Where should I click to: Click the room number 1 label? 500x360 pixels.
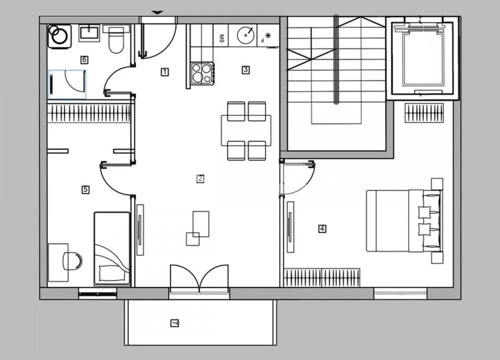(164, 72)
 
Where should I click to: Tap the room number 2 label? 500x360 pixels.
(200, 178)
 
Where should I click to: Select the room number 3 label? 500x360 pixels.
(245, 70)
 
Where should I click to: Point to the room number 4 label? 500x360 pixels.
(322, 229)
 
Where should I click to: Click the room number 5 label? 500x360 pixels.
(85, 189)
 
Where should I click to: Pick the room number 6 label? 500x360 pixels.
(84, 60)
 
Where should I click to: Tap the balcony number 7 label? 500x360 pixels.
(174, 323)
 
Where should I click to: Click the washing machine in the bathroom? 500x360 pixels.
(59, 36)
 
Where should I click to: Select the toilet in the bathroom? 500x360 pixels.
(116, 40)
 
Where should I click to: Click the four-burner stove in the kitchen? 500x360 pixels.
(202, 73)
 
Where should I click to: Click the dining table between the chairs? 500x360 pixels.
(246, 130)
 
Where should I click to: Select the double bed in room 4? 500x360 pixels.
(404, 220)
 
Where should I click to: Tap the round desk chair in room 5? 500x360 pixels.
(73, 261)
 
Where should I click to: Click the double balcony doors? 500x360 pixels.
(199, 279)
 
